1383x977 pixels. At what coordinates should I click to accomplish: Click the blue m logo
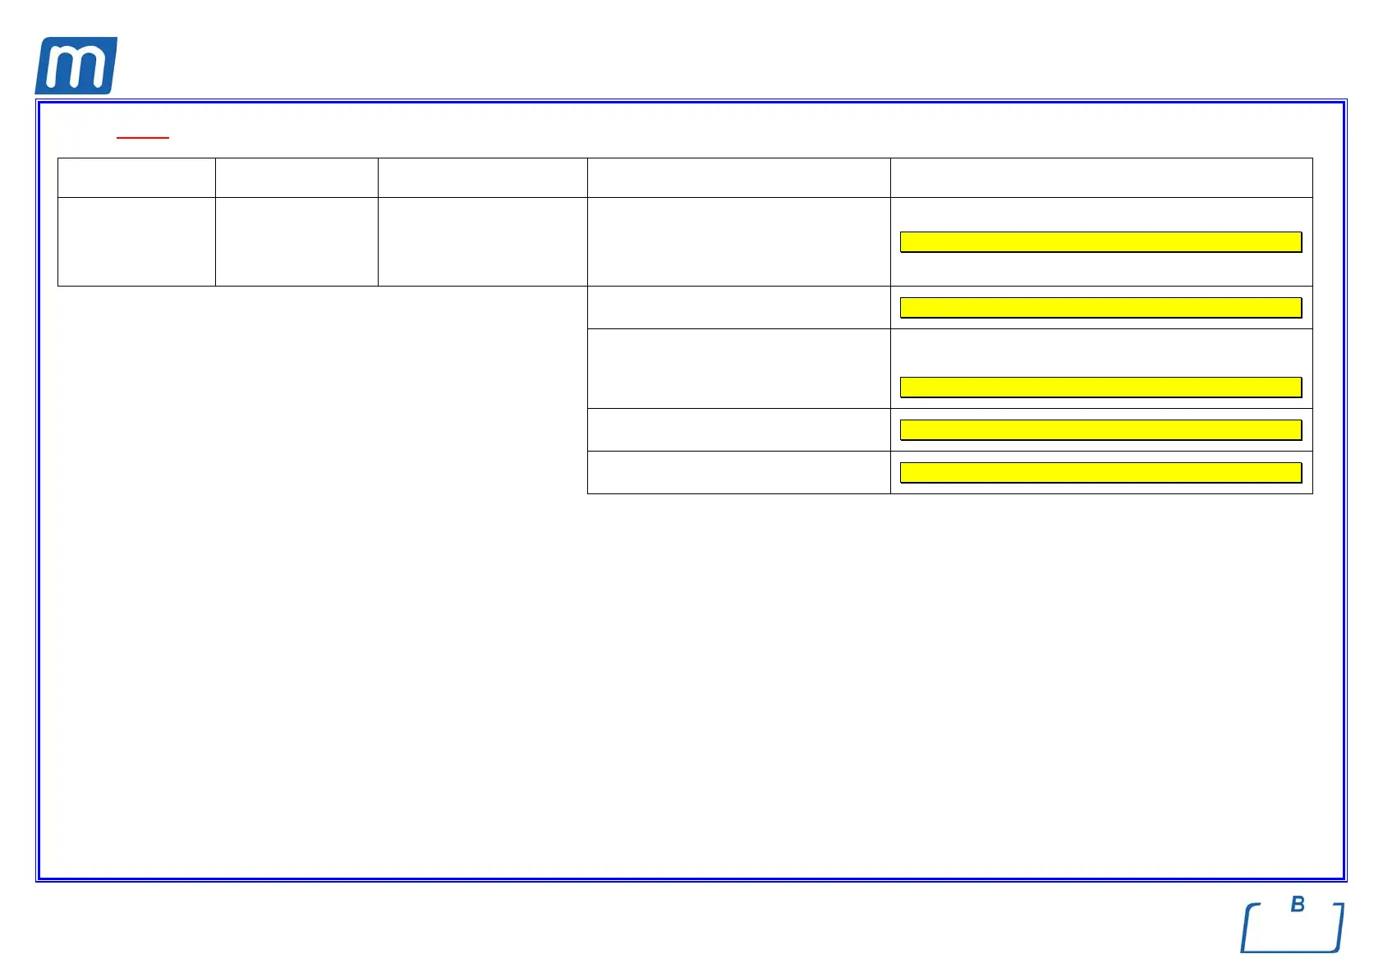76,66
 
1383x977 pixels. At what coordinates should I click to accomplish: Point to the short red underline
143,137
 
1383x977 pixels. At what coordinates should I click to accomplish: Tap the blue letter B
1298,904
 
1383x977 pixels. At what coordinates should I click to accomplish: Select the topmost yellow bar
1100,241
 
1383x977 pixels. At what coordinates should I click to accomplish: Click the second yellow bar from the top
1100,307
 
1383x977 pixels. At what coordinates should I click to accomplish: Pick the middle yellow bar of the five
1100,387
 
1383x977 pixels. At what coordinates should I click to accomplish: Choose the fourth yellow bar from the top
1100,429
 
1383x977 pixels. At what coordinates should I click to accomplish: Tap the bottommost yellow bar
1100,472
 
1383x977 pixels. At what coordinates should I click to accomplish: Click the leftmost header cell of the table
136,177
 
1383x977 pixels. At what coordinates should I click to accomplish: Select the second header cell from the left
296,177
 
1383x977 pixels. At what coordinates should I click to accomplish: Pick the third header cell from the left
482,177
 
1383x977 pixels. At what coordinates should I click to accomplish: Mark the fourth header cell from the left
738,177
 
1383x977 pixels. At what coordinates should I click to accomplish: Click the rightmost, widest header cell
1101,177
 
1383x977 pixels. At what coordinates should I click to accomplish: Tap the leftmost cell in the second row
136,241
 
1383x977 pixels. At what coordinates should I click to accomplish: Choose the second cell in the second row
296,241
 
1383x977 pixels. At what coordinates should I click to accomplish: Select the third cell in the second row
482,241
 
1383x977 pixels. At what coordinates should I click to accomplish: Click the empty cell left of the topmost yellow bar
738,241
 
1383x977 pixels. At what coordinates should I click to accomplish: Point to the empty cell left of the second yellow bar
738,307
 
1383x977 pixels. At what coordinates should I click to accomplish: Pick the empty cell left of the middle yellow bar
738,369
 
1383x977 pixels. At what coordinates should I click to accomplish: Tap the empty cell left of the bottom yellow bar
738,472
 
